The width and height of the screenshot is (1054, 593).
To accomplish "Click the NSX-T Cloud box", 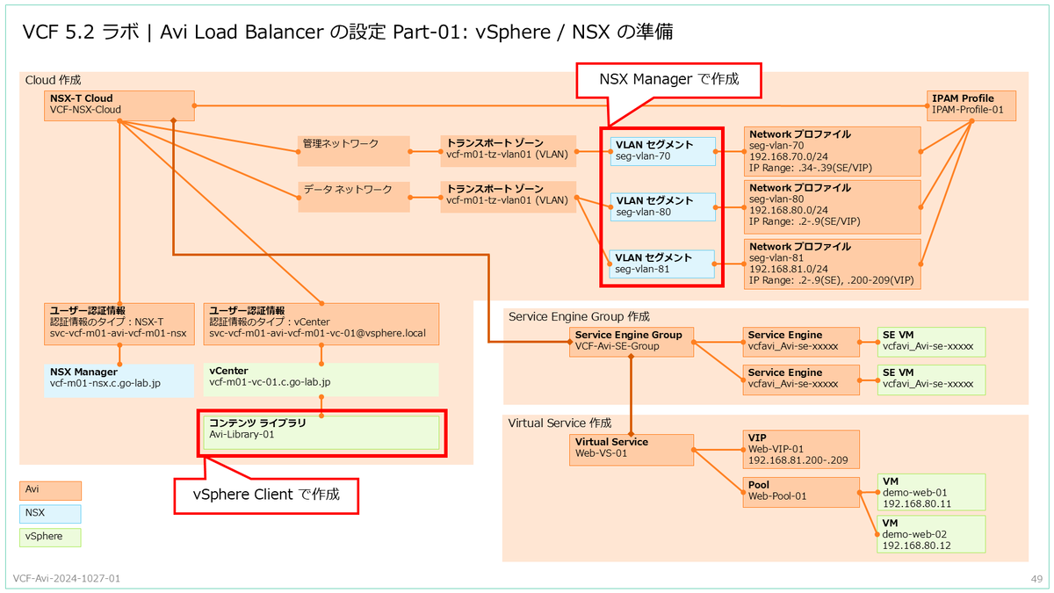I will pyautogui.click(x=119, y=105).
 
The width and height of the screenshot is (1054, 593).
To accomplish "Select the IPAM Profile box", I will pyautogui.click(x=971, y=105).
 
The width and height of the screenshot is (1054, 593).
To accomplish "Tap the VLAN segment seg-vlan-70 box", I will pyautogui.click(x=665, y=150).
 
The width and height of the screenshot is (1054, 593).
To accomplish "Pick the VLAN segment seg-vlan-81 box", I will pyautogui.click(x=665, y=264).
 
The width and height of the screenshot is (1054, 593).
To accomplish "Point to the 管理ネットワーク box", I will pyautogui.click(x=353, y=150).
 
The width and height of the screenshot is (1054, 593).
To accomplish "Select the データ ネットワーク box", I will pyautogui.click(x=353, y=196).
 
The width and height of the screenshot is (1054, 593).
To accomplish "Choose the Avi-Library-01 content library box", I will pyautogui.click(x=321, y=432).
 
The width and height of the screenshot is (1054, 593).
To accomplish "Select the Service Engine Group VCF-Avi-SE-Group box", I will pyautogui.click(x=631, y=342).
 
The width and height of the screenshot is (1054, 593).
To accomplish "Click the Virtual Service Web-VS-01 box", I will pyautogui.click(x=631, y=449).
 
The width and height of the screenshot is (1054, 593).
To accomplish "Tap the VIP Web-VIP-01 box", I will pyautogui.click(x=801, y=449).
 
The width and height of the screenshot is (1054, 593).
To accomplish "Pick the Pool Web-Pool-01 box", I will pyautogui.click(x=801, y=492).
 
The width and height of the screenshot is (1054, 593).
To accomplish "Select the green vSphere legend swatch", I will pyautogui.click(x=50, y=536).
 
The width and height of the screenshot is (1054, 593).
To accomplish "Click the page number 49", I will pyautogui.click(x=1036, y=579).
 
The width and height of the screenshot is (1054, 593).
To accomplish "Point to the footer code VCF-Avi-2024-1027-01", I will pyautogui.click(x=68, y=579).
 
